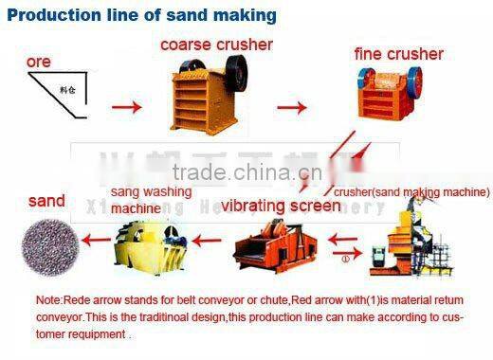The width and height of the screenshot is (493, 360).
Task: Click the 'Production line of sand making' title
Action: tap(142, 15)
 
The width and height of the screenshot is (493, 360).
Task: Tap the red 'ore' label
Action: tap(39, 62)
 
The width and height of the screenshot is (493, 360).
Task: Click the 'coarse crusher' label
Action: tap(215, 45)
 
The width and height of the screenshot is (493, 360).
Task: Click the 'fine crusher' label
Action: tap(399, 54)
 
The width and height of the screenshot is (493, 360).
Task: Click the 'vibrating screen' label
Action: tap(283, 206)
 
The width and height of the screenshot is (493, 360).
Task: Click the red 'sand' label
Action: tap(46, 201)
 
